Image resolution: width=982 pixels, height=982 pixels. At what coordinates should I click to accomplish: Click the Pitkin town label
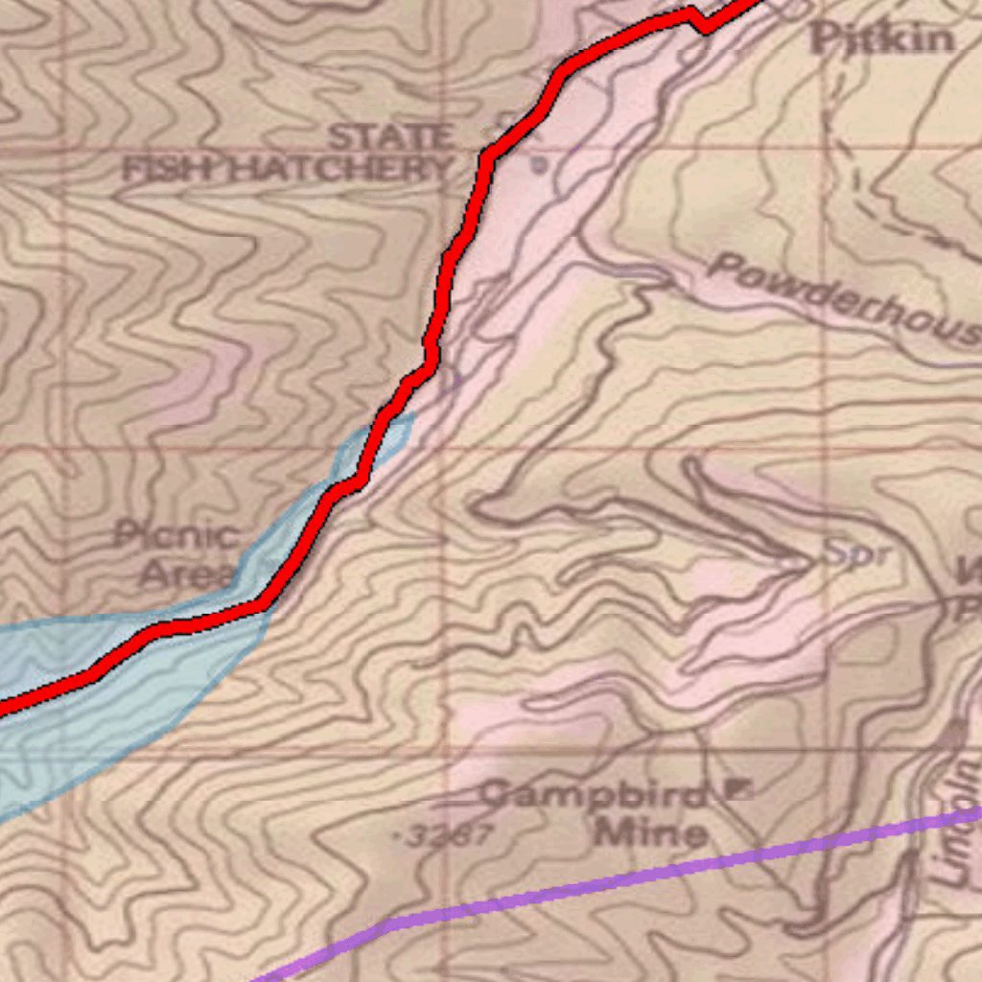tap(883, 39)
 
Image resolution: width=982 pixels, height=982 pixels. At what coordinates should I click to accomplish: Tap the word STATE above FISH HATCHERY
tap(389, 137)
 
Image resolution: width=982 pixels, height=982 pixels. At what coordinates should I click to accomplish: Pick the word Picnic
tap(177, 534)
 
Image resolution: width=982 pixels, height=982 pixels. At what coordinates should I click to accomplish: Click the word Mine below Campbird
tap(651, 832)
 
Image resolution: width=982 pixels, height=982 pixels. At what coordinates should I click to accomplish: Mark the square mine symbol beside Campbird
tap(737, 789)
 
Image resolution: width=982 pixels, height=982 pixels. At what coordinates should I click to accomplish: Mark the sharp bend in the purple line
tap(391, 924)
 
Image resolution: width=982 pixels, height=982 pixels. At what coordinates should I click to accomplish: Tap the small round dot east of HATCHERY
tap(540, 164)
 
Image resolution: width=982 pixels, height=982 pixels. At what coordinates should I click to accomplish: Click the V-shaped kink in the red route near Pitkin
tap(705, 25)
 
